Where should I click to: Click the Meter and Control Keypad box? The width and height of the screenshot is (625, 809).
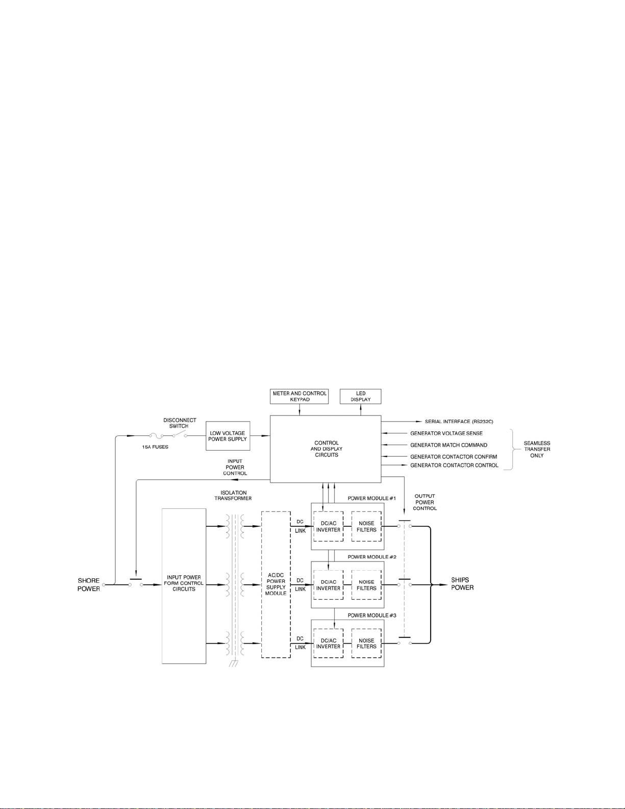tap(299, 397)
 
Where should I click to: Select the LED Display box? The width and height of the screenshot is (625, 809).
tap(360, 397)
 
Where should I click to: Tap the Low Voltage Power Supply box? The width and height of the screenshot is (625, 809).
tap(228, 436)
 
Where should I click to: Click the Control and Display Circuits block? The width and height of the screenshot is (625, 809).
tap(326, 449)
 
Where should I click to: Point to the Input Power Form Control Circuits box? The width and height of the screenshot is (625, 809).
tap(184, 583)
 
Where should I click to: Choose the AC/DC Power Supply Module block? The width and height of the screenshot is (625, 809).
tap(276, 584)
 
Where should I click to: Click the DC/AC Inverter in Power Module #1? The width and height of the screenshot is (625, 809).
tap(328, 527)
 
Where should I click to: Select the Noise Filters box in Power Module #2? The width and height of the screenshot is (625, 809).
tap(366, 585)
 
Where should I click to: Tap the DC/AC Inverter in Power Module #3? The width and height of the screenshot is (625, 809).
tap(328, 644)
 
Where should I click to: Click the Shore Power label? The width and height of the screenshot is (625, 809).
tap(88, 584)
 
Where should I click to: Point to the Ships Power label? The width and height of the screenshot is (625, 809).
tap(462, 583)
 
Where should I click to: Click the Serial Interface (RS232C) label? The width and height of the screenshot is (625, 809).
tap(459, 422)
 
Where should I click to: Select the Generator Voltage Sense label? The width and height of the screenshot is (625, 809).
tap(446, 433)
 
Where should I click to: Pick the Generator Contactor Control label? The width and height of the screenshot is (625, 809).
tap(454, 465)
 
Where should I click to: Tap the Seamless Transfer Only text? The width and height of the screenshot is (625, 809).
tap(537, 449)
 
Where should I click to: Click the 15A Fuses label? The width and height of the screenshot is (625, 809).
tap(155, 447)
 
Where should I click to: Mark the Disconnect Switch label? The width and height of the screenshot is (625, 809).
tap(179, 423)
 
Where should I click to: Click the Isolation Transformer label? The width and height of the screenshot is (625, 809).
tap(233, 495)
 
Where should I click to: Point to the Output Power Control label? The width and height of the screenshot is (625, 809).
tap(424, 502)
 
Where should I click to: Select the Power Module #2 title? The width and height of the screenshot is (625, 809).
tap(372, 557)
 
